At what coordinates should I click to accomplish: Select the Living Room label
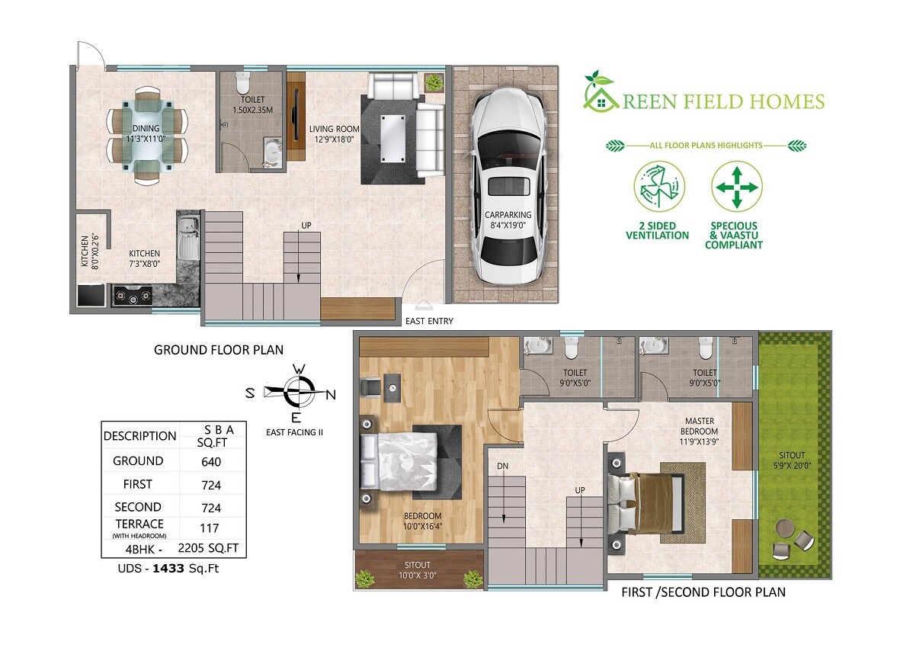333,129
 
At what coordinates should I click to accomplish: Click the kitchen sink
187,236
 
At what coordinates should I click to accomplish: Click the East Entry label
429,321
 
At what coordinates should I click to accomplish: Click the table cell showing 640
210,461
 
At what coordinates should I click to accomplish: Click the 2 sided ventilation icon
658,187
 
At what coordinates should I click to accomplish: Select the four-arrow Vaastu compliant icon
736,187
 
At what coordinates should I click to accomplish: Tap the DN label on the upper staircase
502,465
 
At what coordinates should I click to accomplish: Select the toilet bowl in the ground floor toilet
243,82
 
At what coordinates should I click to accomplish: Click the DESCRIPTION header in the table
139,436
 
